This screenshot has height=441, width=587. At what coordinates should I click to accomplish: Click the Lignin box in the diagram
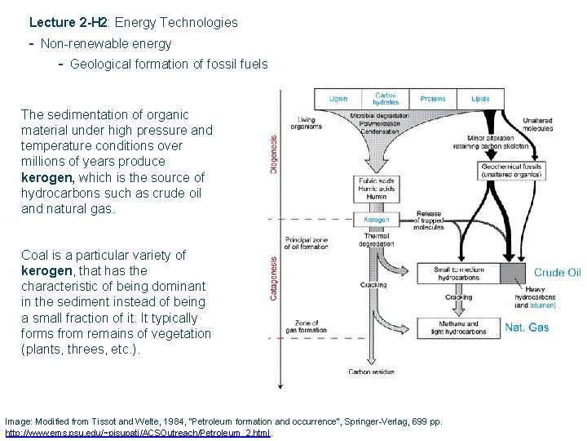(x=338, y=99)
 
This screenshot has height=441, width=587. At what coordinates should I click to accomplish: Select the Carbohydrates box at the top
(x=386, y=99)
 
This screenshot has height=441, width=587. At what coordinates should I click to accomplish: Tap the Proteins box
(x=433, y=99)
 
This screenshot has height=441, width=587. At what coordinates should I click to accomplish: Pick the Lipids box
(x=480, y=99)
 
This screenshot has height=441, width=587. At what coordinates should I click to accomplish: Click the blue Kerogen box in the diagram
(x=376, y=220)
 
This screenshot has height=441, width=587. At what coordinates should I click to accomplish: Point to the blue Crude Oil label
(x=558, y=273)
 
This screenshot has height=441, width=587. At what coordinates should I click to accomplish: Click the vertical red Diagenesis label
(x=274, y=154)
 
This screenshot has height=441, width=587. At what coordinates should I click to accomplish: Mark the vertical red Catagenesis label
(x=274, y=278)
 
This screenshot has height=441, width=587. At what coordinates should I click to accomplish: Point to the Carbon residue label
(x=371, y=372)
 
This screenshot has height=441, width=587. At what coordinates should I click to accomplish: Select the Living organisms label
(x=307, y=124)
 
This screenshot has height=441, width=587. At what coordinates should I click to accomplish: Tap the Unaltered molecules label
(x=538, y=124)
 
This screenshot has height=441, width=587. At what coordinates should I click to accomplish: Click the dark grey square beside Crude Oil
(x=514, y=273)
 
